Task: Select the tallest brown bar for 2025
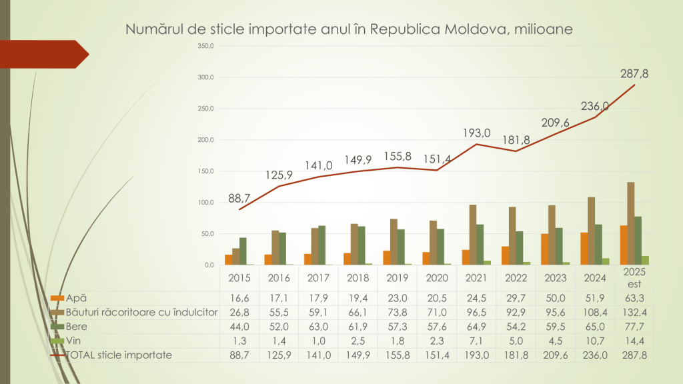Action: click(x=630, y=223)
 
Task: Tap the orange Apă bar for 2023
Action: click(x=544, y=249)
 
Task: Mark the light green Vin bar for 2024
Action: click(x=606, y=261)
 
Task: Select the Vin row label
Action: click(x=71, y=341)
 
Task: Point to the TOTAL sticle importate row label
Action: click(x=119, y=355)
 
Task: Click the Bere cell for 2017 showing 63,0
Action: click(x=318, y=327)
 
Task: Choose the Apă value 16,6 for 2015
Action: click(x=239, y=298)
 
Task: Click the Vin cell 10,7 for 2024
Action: click(x=595, y=341)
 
